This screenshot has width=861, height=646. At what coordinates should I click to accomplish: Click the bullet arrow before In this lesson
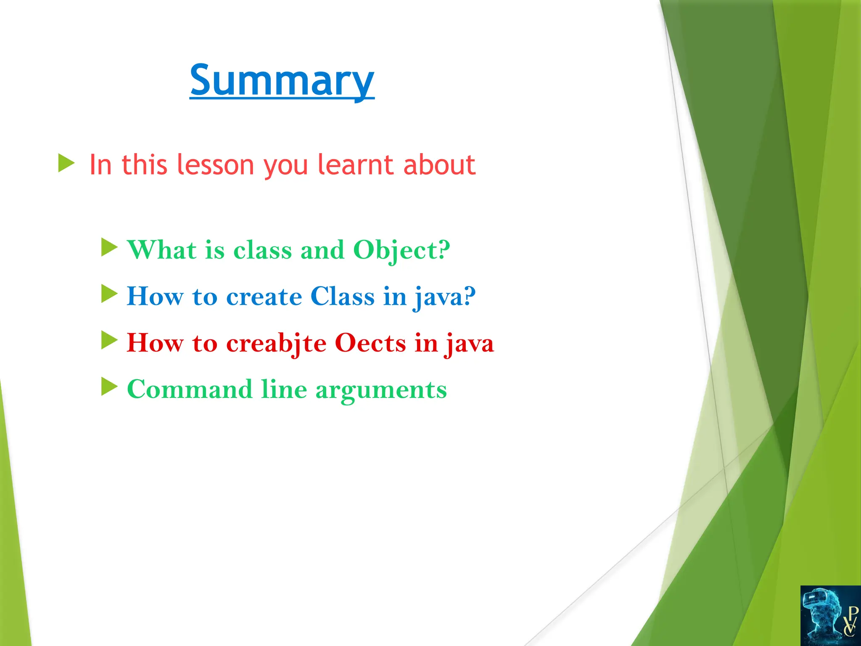coord(66,163)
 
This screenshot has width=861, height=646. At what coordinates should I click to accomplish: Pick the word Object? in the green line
coord(401,250)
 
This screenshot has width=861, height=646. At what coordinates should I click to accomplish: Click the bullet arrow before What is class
coord(109,247)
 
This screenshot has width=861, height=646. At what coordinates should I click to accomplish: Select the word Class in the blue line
coord(342,297)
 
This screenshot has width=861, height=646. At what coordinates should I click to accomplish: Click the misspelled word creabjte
coord(276,343)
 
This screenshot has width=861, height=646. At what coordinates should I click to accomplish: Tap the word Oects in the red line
coord(370,343)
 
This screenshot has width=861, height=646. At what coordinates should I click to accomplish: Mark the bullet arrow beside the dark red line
coord(109,340)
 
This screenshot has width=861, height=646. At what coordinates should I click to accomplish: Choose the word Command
coord(190,389)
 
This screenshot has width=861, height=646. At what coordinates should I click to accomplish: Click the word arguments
coord(381,390)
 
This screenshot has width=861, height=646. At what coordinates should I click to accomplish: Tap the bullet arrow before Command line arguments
coord(109,387)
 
